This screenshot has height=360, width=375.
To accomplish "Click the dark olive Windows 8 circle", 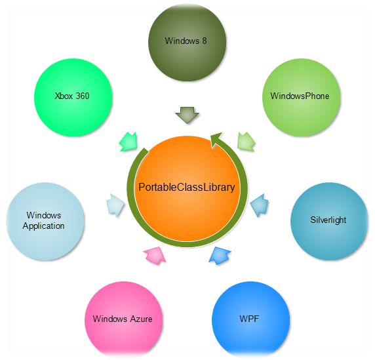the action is tap(187, 42).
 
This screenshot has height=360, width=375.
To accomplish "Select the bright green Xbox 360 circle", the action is tap(73, 97).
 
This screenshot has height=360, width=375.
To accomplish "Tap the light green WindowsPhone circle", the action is tap(301, 97).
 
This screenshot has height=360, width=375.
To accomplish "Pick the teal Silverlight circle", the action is tap(329, 221).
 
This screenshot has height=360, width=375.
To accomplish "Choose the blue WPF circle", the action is tap(250, 320).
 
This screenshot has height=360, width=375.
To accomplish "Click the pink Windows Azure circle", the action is tap(124, 320).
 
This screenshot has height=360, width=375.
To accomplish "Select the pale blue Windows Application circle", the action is tap(45, 221).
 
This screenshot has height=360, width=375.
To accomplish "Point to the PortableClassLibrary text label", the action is tap(187, 188).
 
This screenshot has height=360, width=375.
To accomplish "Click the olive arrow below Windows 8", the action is tap(187, 115).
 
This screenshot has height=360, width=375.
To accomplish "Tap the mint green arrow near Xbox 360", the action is tap(128, 142).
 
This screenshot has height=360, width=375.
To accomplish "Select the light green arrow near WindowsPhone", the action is tap(246, 142).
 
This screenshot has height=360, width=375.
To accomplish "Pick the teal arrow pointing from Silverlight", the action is tap(259, 205).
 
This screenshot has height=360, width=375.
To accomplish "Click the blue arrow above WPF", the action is tap(220, 256).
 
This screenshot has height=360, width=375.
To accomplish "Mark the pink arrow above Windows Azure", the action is tap(155, 256).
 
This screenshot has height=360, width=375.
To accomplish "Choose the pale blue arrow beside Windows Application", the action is tap(115, 205).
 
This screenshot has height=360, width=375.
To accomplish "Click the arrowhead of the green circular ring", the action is tap(216, 140).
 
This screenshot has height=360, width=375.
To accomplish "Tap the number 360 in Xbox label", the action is tap(82, 96).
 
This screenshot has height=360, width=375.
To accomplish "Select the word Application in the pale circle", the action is tap(43, 226).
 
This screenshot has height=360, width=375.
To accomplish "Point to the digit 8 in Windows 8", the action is tap(205, 41).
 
